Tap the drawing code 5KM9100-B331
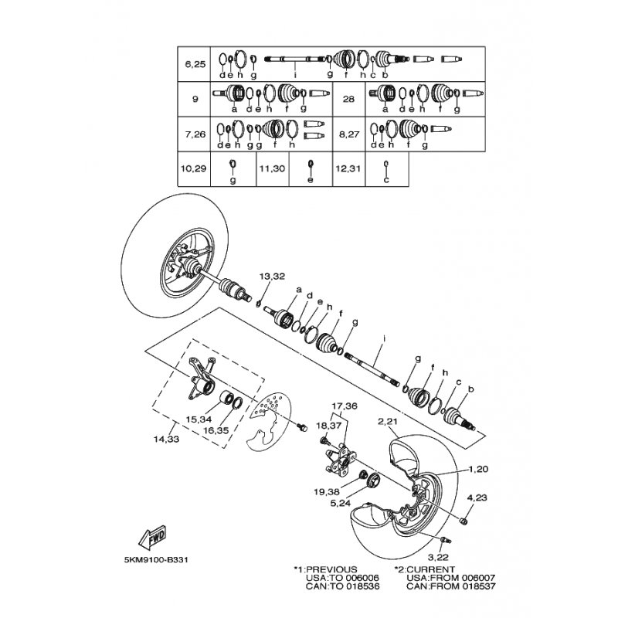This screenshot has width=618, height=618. point(156,559)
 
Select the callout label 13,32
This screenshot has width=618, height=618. point(272,276)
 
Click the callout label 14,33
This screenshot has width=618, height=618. point(166,439)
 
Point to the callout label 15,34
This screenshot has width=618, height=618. point(199,419)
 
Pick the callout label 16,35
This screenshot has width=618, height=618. point(216,430)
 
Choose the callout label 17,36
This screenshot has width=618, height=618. point(345,406)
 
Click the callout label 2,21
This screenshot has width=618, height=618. point(388,421)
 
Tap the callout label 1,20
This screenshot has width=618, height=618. point(478,469)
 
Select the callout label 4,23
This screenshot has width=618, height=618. point(477,497)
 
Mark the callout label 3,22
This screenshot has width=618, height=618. point(438,557)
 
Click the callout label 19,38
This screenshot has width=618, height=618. point(327,492)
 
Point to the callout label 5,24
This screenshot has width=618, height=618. point(341,504)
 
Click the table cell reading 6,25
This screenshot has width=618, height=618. point(195,64)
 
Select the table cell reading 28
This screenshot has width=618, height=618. point(349,99)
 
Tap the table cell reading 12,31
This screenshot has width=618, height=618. point(349,168)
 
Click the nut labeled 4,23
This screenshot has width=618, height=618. point(464,521)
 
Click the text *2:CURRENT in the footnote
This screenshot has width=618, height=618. point(424,569)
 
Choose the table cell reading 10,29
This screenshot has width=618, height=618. point(194,168)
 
